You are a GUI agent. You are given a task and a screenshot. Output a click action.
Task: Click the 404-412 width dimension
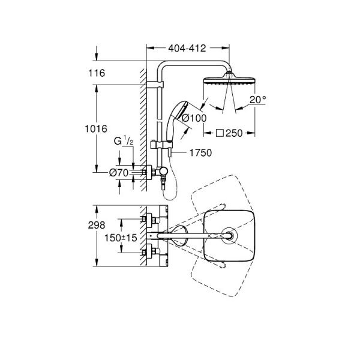pyautogui.click(x=187, y=48)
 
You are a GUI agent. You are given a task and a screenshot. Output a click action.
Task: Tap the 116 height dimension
pyautogui.click(x=97, y=73)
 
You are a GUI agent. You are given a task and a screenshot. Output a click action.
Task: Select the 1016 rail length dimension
pyautogui.click(x=96, y=129)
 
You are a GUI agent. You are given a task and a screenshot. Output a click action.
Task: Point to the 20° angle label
pyautogui.click(x=257, y=100)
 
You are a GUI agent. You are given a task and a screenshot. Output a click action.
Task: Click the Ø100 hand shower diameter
pyautogui.click(x=194, y=118)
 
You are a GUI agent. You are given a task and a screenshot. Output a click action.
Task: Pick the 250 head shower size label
pyautogui.click(x=234, y=133)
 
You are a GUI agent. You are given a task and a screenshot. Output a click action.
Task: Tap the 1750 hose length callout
pyautogui.click(x=200, y=152)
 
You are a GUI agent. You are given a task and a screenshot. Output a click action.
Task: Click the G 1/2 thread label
pyautogui.click(x=124, y=140)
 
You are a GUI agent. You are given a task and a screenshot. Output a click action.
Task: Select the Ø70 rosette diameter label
pyautogui.click(x=119, y=173)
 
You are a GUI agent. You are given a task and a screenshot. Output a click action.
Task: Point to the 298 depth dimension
pyautogui.click(x=97, y=225)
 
